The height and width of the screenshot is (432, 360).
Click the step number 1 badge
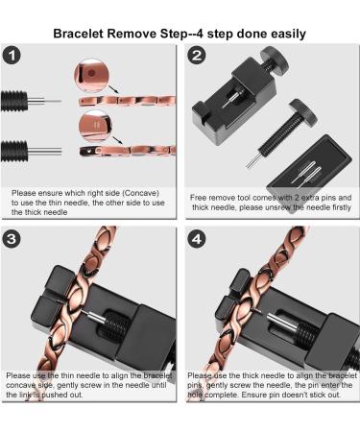coord(12,56)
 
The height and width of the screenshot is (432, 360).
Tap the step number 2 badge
coord(197,56)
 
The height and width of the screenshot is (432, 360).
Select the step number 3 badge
coord(12,239)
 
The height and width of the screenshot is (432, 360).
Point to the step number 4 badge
coord(197,239)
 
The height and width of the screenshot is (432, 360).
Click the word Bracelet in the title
coord(78,34)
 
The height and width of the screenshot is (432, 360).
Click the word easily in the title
coord(288,34)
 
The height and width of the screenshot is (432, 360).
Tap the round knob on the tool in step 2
coord(274,60)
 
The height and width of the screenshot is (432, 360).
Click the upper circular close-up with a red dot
coord(91,76)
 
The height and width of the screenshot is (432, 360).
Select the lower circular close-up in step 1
coord(95,127)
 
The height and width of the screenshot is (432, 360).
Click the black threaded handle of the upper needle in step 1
coord(14,101)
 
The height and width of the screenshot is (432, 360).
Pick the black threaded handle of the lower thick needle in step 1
coord(14,151)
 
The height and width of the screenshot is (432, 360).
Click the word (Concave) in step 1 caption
coord(141,193)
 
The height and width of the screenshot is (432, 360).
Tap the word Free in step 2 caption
coord(198,198)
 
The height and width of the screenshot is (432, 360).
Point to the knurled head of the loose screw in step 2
coord(302,112)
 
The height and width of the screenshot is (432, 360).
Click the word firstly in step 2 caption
coord(341,207)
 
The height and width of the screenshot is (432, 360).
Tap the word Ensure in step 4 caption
coord(252,395)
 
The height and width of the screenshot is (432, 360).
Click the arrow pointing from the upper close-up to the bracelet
coord(113,89)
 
